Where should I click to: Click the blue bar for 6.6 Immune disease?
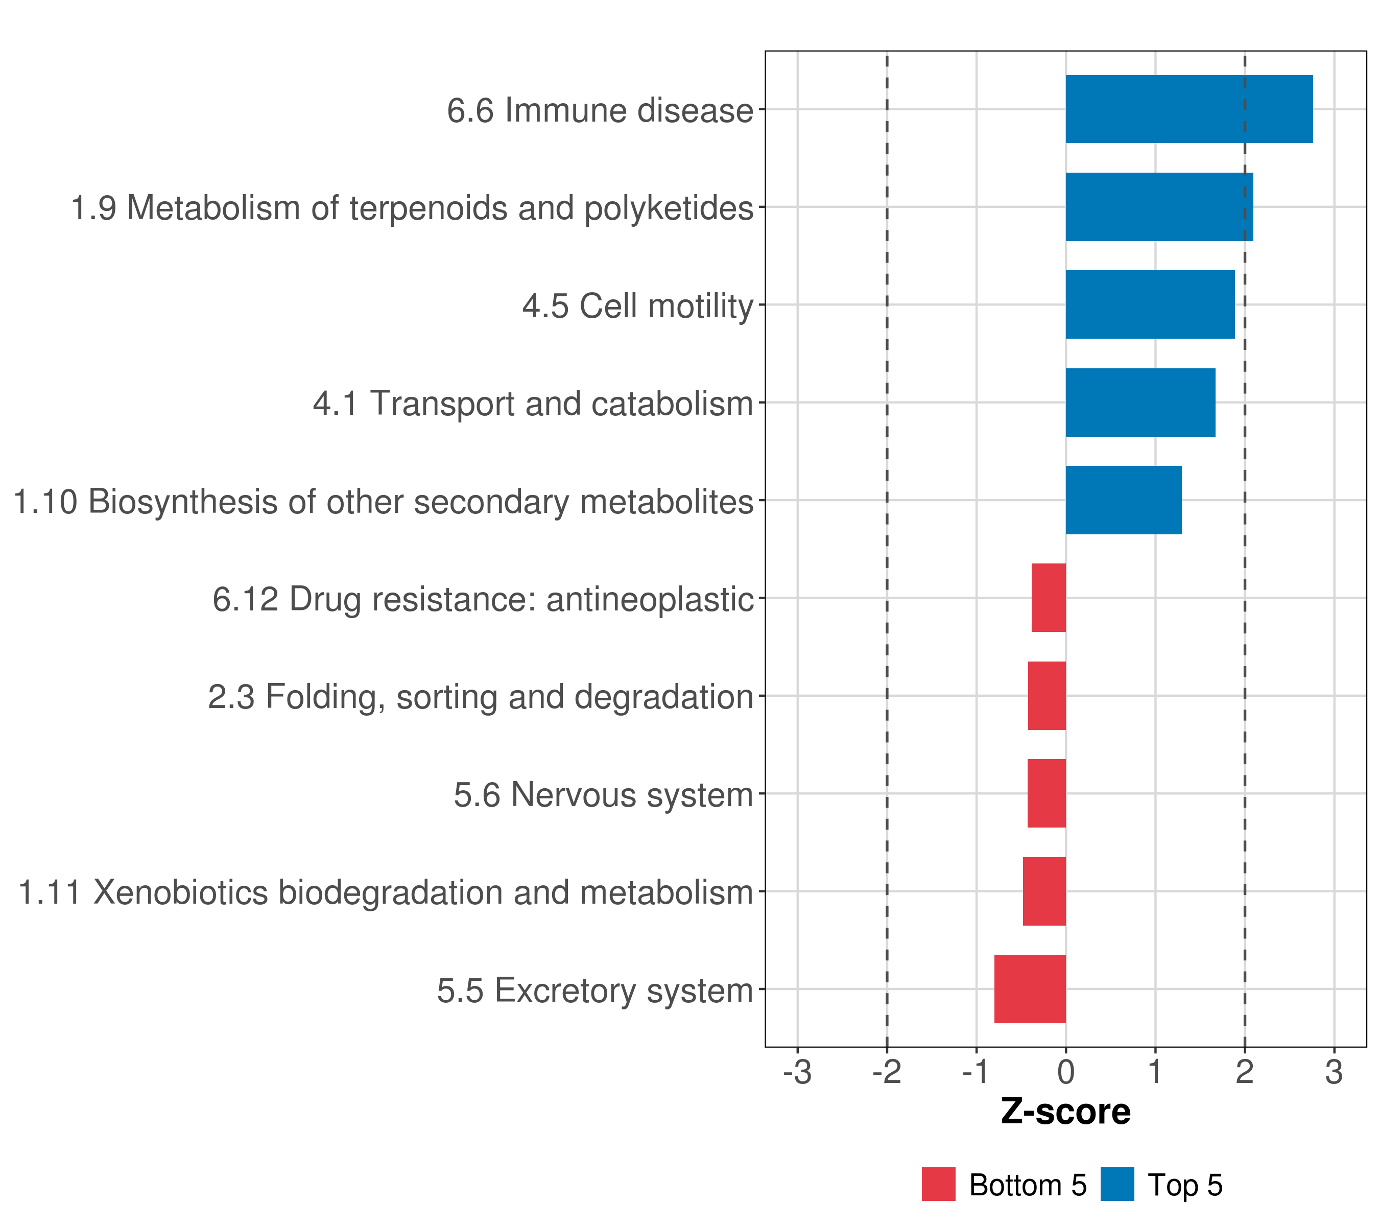1188,109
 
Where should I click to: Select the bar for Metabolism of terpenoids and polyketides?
1159,207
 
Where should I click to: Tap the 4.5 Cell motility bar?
1150,304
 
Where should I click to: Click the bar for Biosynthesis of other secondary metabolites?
1123,500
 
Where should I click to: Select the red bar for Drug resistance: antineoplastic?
1049,598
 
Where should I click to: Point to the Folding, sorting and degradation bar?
1047,696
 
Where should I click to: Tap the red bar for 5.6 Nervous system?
1047,793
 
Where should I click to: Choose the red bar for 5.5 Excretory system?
1030,989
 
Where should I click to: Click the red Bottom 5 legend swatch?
938,1184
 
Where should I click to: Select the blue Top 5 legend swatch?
1117,1184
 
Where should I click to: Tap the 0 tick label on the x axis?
1065,1072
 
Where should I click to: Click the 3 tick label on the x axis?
1334,1072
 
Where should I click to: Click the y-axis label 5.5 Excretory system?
595,991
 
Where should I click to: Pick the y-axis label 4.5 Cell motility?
637,305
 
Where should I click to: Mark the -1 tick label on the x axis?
976,1072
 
